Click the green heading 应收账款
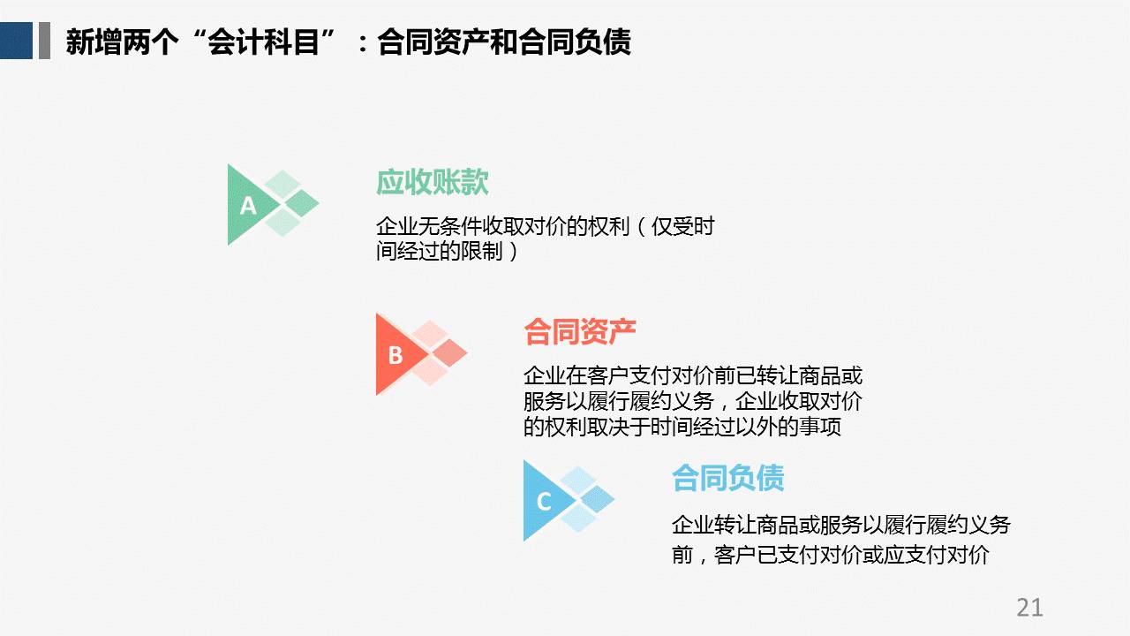click(x=433, y=182)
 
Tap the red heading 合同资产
click(x=580, y=331)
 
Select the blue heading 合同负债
click(x=728, y=478)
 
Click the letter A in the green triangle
click(x=248, y=206)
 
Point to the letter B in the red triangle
click(x=395, y=355)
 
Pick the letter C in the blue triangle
click(x=544, y=502)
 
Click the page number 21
click(x=1029, y=607)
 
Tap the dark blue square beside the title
click(x=16, y=41)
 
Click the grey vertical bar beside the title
click(x=44, y=41)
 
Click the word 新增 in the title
click(x=94, y=42)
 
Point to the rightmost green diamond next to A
click(x=302, y=203)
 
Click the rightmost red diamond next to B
click(x=450, y=352)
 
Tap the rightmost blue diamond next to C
click(x=598, y=499)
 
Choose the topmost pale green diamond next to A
click(x=283, y=184)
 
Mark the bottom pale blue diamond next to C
click(x=578, y=519)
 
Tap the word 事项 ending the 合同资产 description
click(x=820, y=427)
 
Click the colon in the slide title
click(x=363, y=44)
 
